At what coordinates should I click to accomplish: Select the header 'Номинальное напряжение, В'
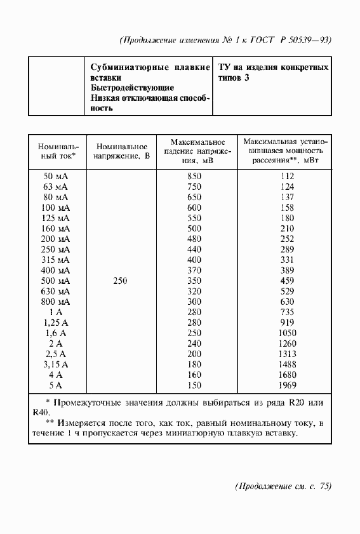(121, 150)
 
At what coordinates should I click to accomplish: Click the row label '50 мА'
(55, 176)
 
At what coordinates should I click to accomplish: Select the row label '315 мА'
(55, 260)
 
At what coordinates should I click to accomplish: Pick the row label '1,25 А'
(56, 323)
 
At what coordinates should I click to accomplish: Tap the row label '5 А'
(56, 385)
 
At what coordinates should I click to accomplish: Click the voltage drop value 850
(194, 176)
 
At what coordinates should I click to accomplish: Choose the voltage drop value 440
(194, 250)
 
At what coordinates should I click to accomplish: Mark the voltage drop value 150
(194, 385)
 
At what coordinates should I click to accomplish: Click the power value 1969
(287, 385)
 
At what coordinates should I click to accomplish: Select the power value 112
(287, 176)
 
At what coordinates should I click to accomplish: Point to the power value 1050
(287, 333)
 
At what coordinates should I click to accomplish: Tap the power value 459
(287, 281)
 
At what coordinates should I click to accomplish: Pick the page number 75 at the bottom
(324, 487)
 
